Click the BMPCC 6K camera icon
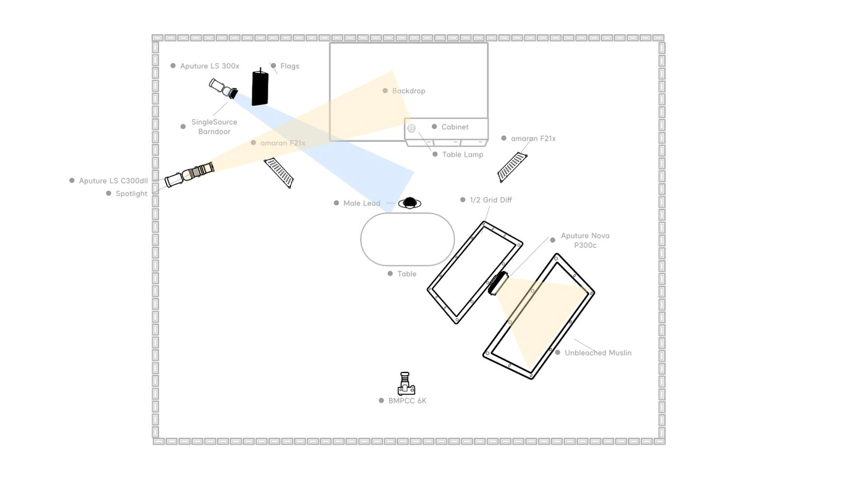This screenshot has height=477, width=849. [x=406, y=384]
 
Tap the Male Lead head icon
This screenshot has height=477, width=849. [x=409, y=203]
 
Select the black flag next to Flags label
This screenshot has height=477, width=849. [x=260, y=88]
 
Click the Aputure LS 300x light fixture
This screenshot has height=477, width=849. [x=223, y=89]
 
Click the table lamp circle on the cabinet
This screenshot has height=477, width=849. [x=411, y=128]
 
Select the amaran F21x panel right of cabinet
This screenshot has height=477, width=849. [x=512, y=167]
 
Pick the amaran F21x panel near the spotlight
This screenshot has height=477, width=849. [x=279, y=173]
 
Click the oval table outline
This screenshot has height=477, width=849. [x=407, y=240]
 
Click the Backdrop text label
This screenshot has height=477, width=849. [x=408, y=91]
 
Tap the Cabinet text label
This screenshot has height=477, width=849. [x=455, y=127]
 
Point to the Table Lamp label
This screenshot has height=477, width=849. [x=462, y=154]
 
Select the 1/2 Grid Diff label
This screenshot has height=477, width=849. [x=490, y=200]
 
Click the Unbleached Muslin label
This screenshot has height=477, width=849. [x=598, y=353]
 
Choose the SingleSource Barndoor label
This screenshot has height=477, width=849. [x=214, y=127]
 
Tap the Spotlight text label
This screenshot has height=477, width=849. [x=131, y=194]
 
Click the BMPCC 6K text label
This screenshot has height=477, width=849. [x=407, y=401]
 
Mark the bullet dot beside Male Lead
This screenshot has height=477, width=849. [x=336, y=203]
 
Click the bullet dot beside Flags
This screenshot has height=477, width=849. [x=273, y=65]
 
